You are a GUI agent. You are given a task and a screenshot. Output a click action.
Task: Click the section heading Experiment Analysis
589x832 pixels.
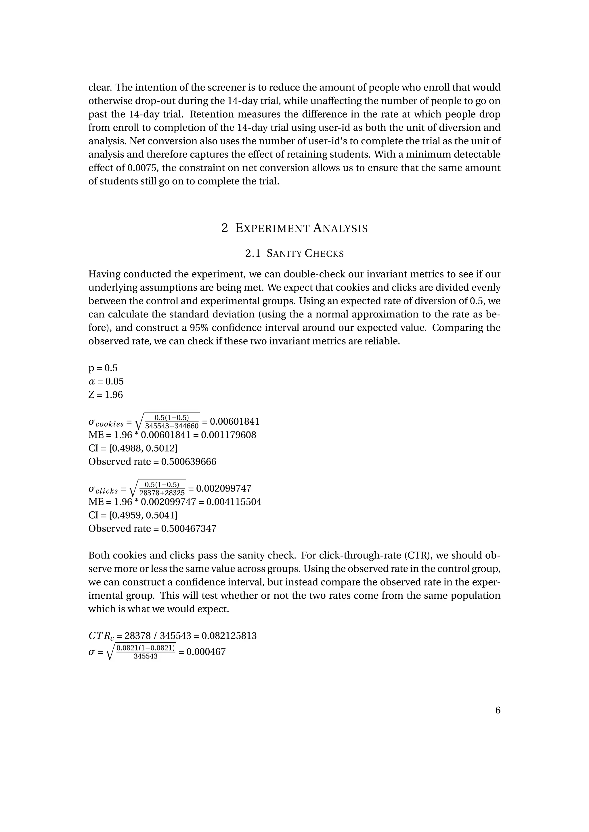pyautogui.click(x=294, y=228)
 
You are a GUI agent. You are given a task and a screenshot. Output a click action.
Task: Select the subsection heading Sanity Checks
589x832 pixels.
pyautogui.click(x=294, y=254)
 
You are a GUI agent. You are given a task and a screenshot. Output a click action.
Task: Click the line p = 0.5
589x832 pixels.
pyautogui.click(x=103, y=368)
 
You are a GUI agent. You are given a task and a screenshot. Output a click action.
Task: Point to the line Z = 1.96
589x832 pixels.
pyautogui.click(x=106, y=395)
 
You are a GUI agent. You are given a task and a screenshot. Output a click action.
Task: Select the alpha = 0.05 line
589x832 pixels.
pyautogui.click(x=106, y=381)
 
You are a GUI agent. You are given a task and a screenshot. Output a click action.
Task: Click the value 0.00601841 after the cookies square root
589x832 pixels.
pyautogui.click(x=235, y=421)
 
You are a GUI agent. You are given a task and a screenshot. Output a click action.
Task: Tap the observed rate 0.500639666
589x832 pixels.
pyautogui.click(x=189, y=462)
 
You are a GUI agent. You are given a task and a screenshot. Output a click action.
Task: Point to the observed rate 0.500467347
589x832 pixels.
pyautogui.click(x=189, y=529)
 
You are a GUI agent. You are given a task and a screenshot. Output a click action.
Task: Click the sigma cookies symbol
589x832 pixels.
pyautogui.click(x=106, y=423)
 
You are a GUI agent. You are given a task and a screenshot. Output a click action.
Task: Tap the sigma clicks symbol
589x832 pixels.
pyautogui.click(x=103, y=490)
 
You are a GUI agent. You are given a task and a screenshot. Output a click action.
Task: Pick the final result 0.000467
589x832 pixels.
pyautogui.click(x=206, y=652)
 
